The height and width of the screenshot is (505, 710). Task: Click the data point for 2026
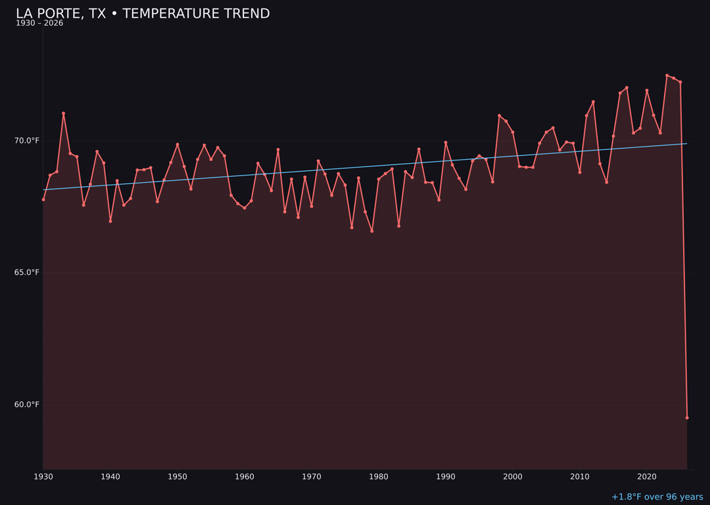[x=687, y=418]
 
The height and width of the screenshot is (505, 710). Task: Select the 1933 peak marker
[x=64, y=113]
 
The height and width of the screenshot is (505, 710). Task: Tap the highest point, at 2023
[x=667, y=76]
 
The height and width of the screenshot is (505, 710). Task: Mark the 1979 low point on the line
[x=372, y=231]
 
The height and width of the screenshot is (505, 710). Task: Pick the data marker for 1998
[x=499, y=116]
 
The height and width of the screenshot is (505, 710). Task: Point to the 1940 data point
[x=110, y=221]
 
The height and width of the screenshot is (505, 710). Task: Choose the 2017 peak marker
[x=627, y=87]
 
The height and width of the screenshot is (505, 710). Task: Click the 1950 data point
[x=177, y=145]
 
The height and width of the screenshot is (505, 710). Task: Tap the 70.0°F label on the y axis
[x=27, y=141]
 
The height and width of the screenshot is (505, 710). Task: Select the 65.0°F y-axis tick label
[x=27, y=272]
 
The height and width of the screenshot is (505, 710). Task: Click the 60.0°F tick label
[x=27, y=404]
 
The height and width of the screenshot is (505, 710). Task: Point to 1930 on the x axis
[x=43, y=477]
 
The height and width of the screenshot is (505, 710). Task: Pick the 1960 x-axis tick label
[x=245, y=477]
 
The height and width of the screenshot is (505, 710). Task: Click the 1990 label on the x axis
[x=446, y=477]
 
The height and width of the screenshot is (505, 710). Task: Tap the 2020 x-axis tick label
[x=647, y=477]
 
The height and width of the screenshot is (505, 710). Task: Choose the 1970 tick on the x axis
[x=312, y=477]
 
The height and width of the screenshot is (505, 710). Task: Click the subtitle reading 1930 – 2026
[x=39, y=24]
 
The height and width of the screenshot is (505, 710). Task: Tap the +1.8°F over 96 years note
[x=657, y=497]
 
